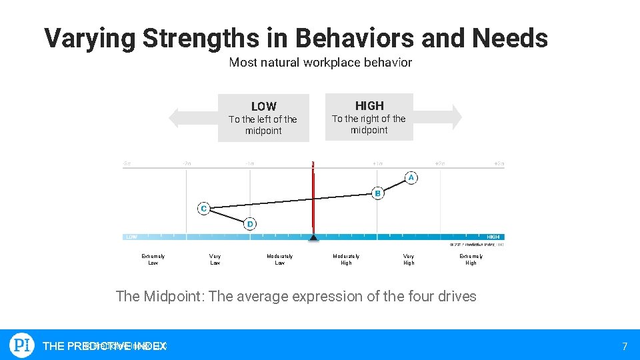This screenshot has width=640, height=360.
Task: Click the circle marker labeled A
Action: tap(411, 177)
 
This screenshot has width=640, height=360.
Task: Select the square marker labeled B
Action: tap(377, 193)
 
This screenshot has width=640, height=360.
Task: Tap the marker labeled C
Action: tap(203, 209)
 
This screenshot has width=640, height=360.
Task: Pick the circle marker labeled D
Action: tap(250, 224)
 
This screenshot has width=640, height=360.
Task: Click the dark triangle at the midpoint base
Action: tap(313, 237)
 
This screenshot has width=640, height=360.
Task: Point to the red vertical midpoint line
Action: tap(313, 200)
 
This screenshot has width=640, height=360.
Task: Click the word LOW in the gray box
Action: tap(263, 107)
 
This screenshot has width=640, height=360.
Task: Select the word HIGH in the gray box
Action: tap(369, 105)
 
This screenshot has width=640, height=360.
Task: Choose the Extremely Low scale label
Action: tap(153, 259)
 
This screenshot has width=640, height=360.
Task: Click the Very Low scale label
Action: tap(215, 259)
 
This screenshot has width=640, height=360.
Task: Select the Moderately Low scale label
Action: tap(279, 259)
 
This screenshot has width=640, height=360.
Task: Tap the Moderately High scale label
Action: tap(346, 259)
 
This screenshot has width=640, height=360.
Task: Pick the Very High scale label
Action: tap(409, 259)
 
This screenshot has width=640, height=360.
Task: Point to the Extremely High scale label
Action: tap(471, 259)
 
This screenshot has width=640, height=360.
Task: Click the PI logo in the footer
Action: tap(22, 345)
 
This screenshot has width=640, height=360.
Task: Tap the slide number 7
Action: tap(625, 346)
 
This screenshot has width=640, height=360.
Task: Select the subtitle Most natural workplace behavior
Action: tap(320, 63)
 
